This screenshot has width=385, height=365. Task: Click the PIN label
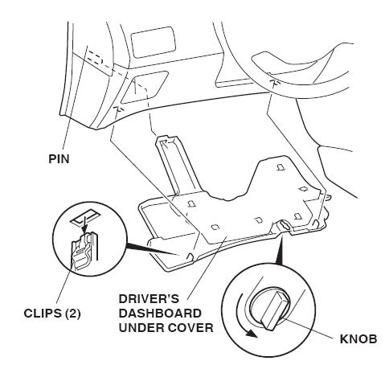pos(59,158)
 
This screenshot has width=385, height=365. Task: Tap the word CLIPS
pos(43,314)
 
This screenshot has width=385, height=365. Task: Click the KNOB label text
pos(358,339)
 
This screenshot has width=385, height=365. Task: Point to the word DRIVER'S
pos(149,299)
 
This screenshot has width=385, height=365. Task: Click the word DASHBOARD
pos(160,314)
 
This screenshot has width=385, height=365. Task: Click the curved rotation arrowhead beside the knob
pos(252,334)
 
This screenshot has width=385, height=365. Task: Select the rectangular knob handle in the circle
pos(276,310)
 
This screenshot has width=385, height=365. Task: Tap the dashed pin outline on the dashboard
pos(96,58)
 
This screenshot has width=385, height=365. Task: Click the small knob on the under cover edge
pos(285,225)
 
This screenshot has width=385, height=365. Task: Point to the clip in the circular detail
pos(82,251)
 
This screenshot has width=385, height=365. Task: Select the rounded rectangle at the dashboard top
pos(154,42)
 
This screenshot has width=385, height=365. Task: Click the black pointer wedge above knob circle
pos(280,250)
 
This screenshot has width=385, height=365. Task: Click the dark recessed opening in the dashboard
pos(144,87)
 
